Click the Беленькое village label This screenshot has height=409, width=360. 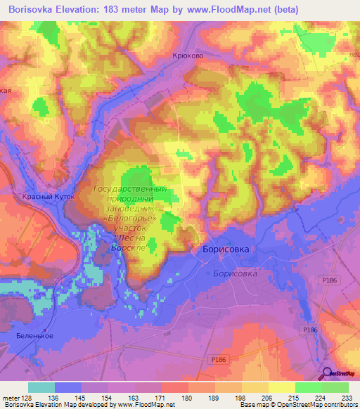click(34, 336)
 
